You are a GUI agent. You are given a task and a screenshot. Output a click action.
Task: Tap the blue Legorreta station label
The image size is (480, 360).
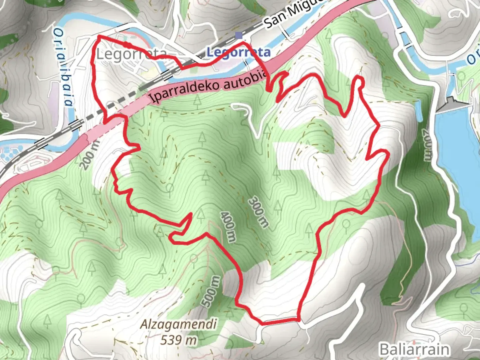click(238, 52)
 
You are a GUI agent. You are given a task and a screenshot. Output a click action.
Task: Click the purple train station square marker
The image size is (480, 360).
click(239, 35)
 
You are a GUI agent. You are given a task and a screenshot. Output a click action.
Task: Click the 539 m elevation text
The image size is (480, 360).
click(178, 340)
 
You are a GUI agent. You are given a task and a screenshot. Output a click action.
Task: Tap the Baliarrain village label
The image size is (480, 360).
click(414, 350)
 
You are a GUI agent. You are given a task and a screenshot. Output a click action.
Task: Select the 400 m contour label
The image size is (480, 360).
click(228, 226)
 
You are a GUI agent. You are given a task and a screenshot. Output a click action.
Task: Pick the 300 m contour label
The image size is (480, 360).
click(259, 212)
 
